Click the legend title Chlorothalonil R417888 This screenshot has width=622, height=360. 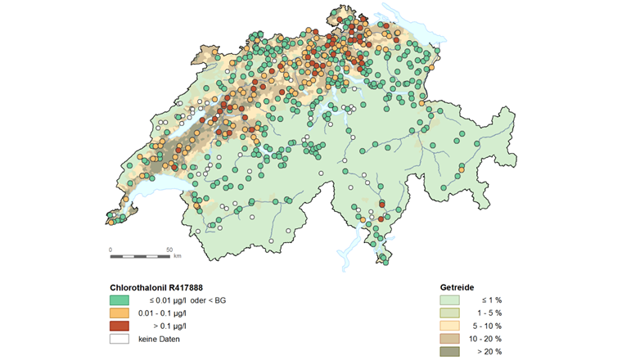tap(156, 288)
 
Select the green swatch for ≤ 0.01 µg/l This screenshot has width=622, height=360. tap(119, 301)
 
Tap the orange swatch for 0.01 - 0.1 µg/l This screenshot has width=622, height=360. tap(119, 313)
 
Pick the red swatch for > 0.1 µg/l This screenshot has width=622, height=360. tap(119, 326)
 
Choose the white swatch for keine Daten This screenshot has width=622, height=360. tap(119, 338)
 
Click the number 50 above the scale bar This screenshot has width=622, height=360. tap(169, 249)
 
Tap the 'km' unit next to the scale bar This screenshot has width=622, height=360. tap(178, 257)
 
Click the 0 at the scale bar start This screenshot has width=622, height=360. tap(110, 249)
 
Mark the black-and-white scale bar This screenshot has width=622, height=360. tap(140, 256)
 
